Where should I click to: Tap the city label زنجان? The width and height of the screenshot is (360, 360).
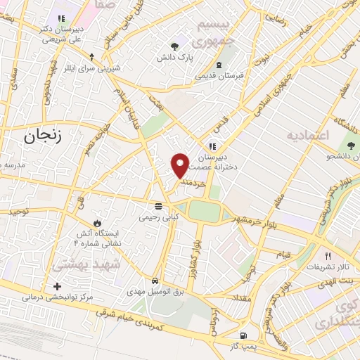tap(44, 137)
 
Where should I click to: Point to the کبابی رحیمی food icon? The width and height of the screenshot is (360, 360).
tap(159, 206)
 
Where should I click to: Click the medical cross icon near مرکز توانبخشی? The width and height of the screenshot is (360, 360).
tap(58, 286)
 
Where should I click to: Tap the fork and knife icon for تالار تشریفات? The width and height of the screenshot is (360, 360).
tap(327, 256)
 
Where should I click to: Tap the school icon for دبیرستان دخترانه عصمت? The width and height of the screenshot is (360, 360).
tap(212, 146)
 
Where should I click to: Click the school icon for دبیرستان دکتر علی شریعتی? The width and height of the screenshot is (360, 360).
tap(61, 18)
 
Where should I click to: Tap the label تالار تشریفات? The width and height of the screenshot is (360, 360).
tap(327, 268)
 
